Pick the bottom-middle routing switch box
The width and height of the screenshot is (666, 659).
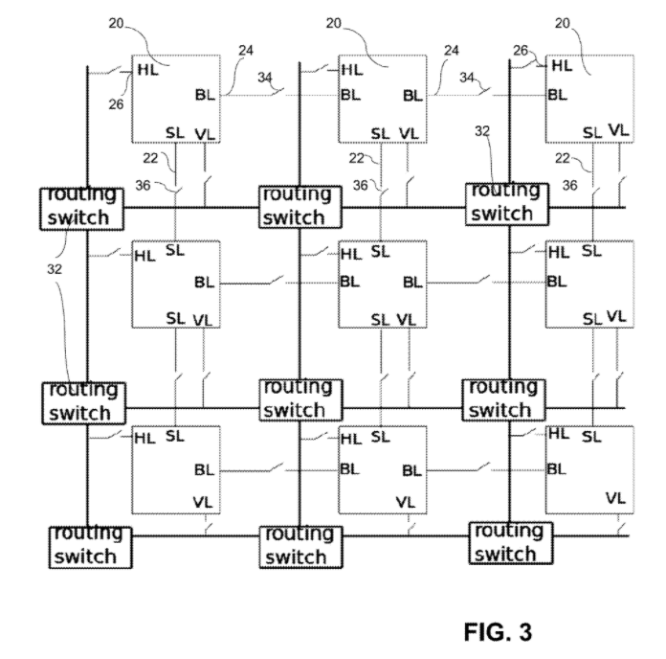296,545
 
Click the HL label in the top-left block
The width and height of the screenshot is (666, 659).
147,68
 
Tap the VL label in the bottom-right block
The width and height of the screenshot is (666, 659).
616,497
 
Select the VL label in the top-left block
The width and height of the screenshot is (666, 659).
205,133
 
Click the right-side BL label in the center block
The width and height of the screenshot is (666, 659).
411,282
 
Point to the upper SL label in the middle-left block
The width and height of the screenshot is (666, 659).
175,251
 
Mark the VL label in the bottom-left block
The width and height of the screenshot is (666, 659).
203,499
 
